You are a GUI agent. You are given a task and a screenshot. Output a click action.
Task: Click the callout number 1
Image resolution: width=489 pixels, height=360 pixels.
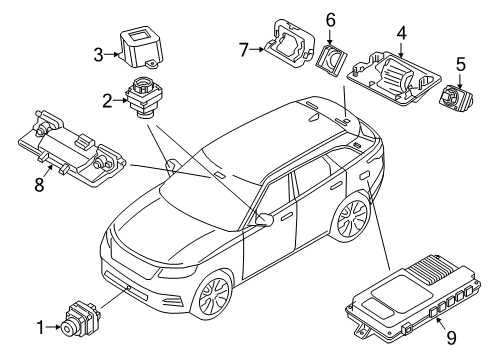(x=40, y=328)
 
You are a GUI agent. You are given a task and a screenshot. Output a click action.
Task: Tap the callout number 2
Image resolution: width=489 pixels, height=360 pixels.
(x=107, y=101)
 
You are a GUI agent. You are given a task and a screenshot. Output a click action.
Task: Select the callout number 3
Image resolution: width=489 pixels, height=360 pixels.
(x=98, y=55)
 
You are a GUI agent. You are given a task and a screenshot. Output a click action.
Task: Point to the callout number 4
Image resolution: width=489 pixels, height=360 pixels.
(x=402, y=33)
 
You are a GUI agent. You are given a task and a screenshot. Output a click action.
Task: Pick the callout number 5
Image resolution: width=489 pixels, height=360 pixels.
(x=460, y=64)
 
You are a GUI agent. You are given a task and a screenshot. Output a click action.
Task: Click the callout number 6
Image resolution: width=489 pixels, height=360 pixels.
(x=330, y=20)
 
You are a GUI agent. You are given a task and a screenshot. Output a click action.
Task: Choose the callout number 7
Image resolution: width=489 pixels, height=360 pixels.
(x=244, y=50)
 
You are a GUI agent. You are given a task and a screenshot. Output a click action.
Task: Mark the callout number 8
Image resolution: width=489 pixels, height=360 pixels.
(x=39, y=184)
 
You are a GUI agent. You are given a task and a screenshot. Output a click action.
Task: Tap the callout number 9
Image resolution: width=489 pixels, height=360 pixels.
(x=451, y=338)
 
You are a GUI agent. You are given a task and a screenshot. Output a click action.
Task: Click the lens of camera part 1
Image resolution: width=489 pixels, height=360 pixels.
(x=67, y=330)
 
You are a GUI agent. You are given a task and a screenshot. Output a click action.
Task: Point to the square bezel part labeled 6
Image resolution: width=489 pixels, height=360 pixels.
(x=331, y=60)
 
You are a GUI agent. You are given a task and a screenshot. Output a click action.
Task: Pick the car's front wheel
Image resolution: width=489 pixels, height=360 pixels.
(x=213, y=295)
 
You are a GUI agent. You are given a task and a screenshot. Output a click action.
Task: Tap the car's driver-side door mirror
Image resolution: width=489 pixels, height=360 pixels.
(x=264, y=219)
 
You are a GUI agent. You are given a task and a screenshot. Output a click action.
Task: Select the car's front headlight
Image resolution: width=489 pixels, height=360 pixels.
(x=177, y=271)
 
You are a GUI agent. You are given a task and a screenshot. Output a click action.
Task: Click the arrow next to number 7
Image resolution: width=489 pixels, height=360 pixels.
(x=257, y=49)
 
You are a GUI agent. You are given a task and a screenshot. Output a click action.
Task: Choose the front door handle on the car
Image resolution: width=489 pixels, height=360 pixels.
(x=286, y=218)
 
